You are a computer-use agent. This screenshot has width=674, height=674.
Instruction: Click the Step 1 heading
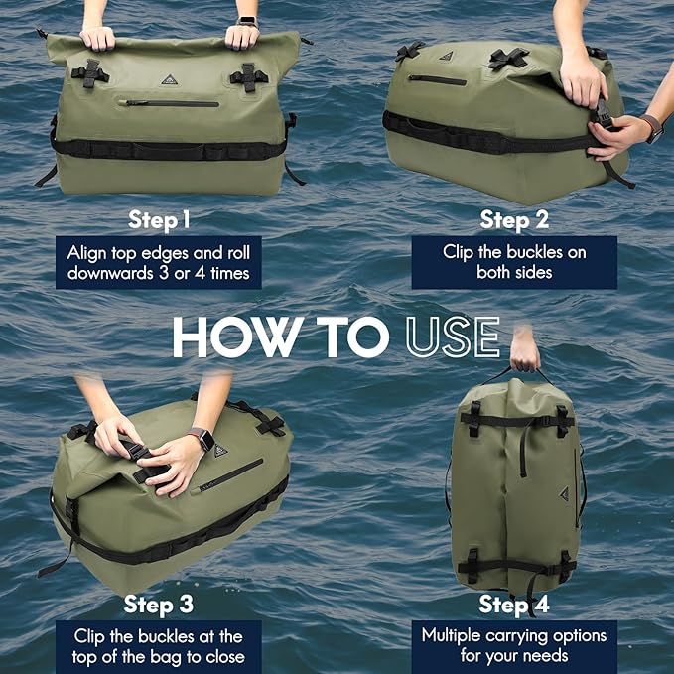coord(159,219)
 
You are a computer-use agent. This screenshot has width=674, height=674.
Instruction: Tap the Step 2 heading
coord(514,219)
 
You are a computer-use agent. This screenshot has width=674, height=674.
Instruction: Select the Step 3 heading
coord(159,604)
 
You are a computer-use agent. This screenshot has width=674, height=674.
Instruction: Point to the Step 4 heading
coord(514,604)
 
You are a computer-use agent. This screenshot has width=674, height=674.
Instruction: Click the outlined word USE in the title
coord(452,337)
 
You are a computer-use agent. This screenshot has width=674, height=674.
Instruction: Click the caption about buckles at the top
coord(159,646)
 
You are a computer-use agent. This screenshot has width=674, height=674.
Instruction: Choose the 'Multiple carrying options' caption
coord(514,646)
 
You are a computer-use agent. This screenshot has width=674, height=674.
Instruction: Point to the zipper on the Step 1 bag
coord(169,102)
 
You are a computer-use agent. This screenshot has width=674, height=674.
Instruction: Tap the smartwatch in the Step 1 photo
coord(246,21)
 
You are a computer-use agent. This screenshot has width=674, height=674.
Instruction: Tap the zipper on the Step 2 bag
coord(437,79)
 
